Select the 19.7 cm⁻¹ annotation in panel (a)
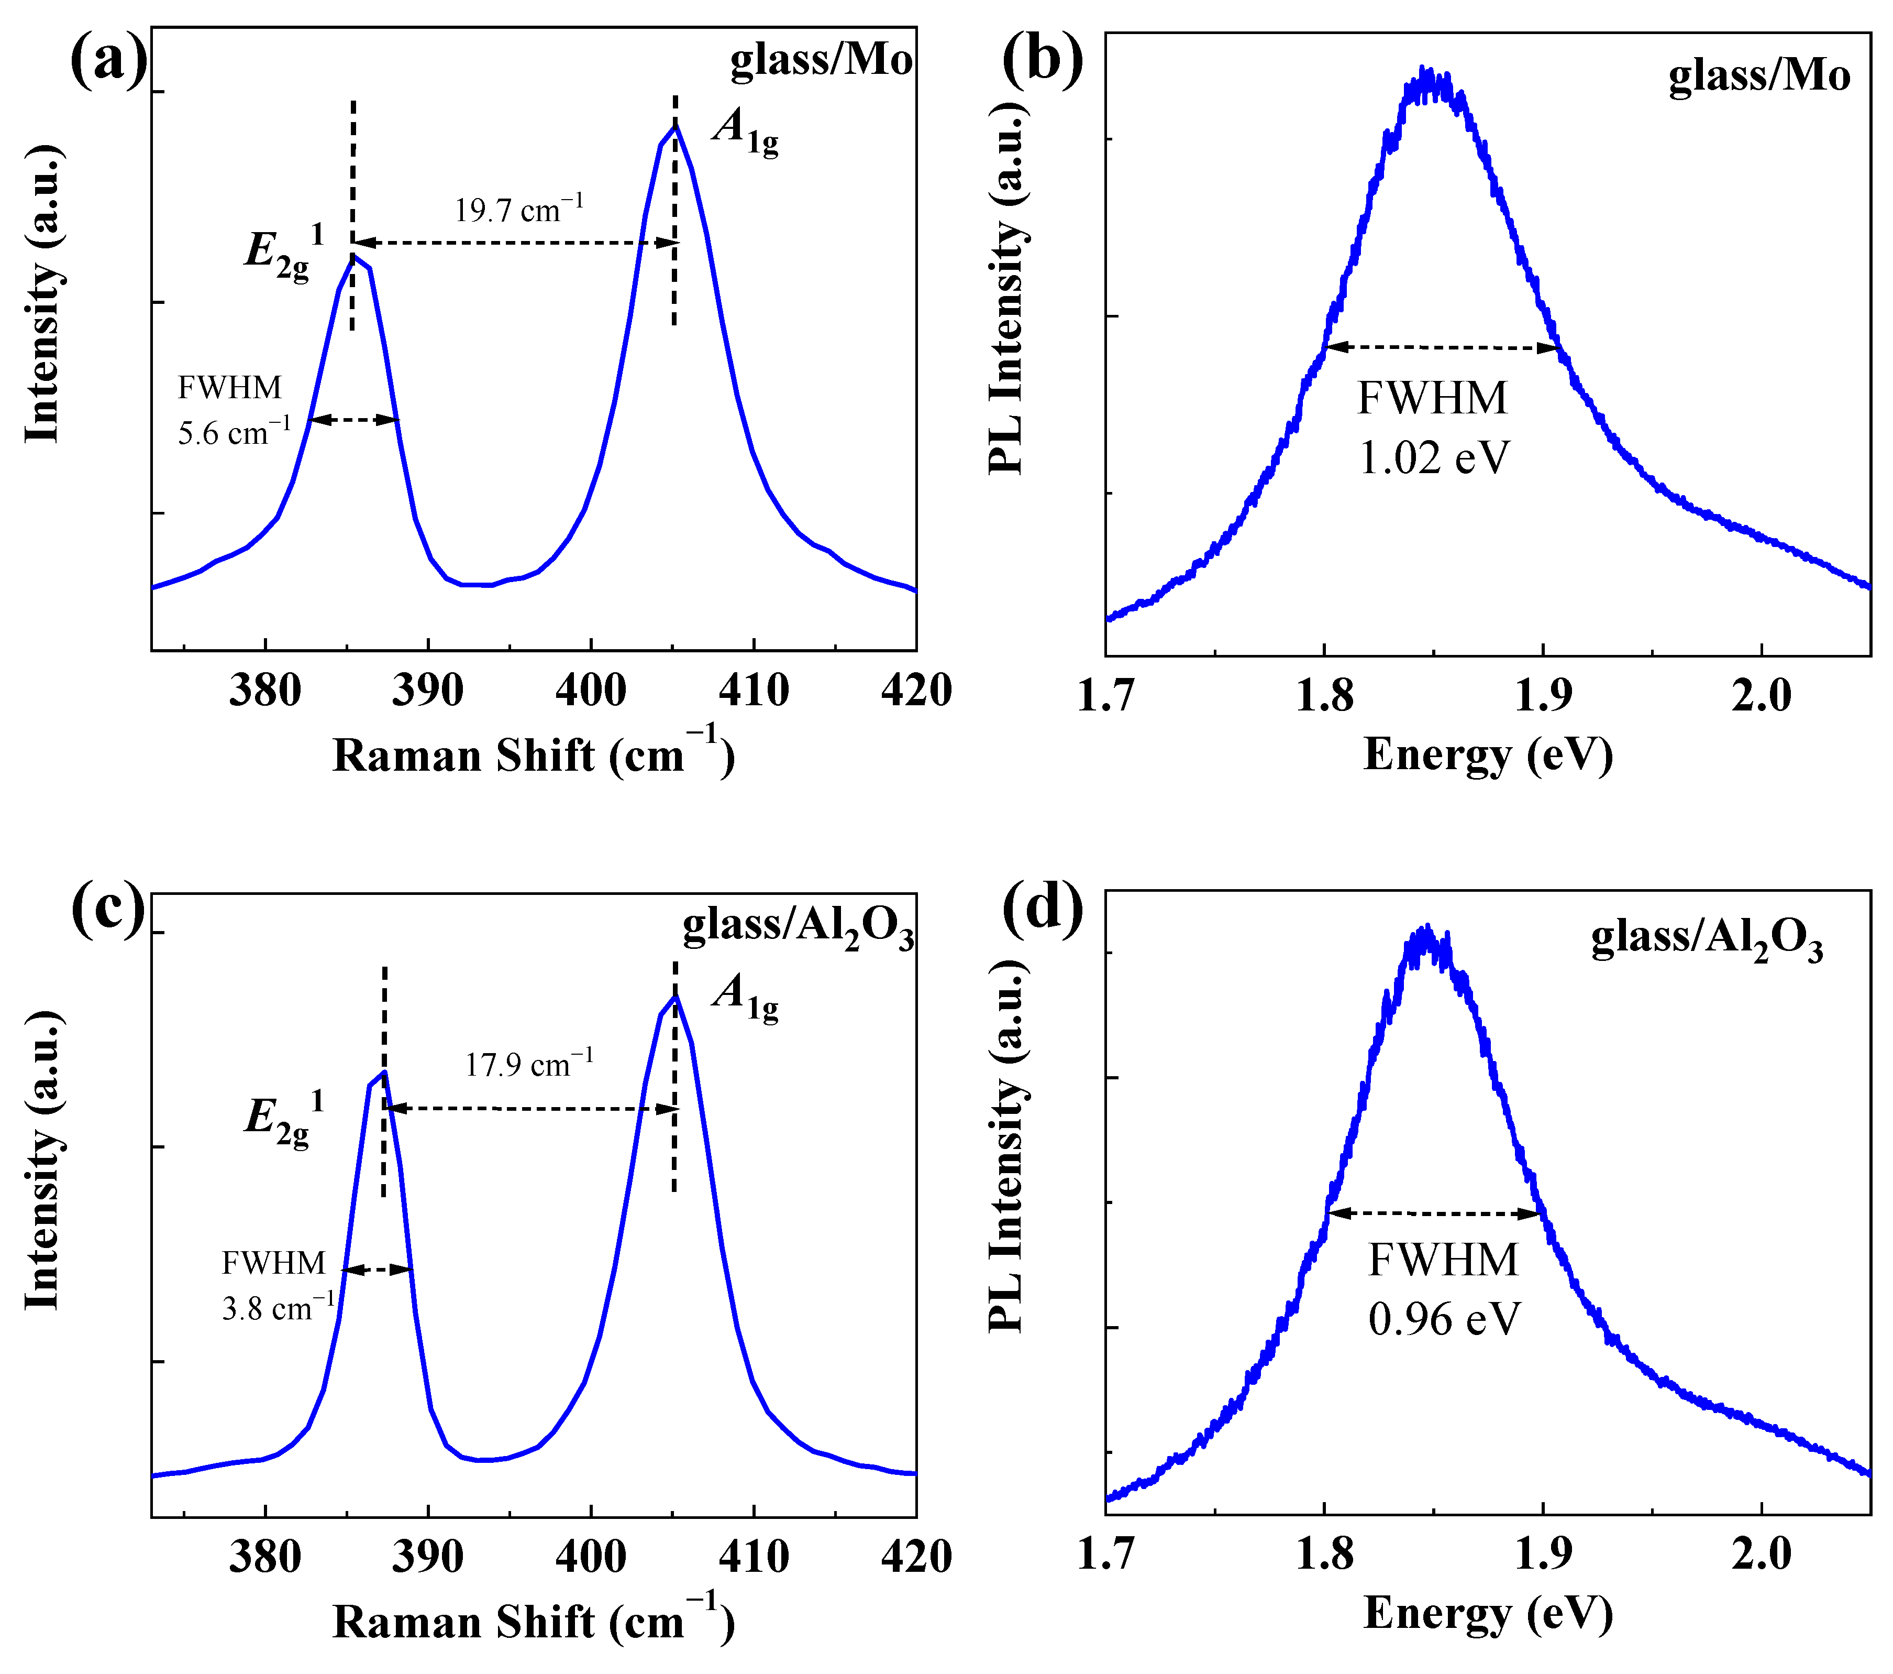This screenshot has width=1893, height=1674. [518, 210]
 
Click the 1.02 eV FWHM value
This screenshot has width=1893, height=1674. [1434, 457]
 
